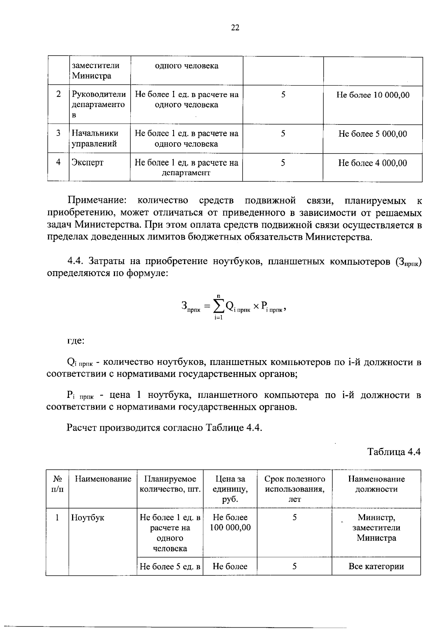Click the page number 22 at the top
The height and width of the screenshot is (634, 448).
coord(235,28)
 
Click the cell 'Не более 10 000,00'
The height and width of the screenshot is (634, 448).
coord(373,95)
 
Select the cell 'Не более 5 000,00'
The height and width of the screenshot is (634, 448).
coord(373,134)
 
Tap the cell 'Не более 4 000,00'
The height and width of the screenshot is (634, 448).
coord(373,163)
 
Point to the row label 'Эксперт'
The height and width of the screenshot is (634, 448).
coord(87,163)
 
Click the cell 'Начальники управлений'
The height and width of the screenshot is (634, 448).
coord(95,138)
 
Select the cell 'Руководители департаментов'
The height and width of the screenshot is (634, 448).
coord(99,105)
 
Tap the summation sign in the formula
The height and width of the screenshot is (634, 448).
coord(219,307)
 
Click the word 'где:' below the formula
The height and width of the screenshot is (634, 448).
coord(76,341)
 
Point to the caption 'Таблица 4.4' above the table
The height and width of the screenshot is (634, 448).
coord(394,452)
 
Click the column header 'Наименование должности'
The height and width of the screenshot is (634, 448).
coord(376,484)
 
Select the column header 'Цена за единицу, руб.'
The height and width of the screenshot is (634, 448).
coord(230,489)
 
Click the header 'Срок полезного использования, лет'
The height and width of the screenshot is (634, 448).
coord(295,489)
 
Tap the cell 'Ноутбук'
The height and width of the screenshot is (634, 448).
coord(88,518)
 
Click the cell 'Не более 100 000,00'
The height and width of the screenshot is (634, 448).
coord(230,522)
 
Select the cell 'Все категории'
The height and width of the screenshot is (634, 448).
coord(376,566)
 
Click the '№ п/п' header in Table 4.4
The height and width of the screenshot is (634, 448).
coord(57,484)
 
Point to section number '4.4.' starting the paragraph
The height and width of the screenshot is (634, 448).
coord(75,261)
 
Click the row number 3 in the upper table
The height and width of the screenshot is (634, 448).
coord(58,133)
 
